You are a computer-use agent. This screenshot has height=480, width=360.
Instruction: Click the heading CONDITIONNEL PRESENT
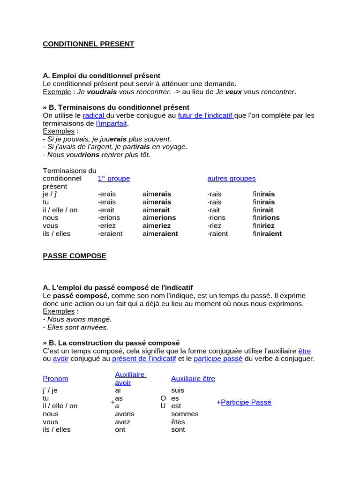pos(88,44)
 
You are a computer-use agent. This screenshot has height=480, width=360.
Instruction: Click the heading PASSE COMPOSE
pos(75,256)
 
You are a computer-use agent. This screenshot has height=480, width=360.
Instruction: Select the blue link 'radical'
pos(94,115)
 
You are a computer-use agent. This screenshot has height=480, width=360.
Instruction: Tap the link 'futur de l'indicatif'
pos(205,115)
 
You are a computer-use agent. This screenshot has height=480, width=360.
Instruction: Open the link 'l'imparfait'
pos(112,123)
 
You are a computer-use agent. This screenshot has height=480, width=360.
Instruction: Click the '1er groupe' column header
pos(114,179)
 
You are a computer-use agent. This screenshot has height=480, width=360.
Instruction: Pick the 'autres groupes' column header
pos(232,179)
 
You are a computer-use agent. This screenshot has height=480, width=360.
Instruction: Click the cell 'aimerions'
pos(159,217)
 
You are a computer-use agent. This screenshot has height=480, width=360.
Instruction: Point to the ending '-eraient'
pos(110,233)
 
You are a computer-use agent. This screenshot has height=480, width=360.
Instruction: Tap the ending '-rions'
pos(216,217)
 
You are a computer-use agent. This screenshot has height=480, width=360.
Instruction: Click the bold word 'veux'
pos(233,91)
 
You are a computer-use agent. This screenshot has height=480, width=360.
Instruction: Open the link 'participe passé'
pos(218,359)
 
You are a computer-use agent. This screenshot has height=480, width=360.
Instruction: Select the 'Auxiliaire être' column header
pos(193,379)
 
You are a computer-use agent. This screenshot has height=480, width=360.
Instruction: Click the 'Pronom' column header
pos(55,379)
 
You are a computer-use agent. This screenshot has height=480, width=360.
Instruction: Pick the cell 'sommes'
pos(185,414)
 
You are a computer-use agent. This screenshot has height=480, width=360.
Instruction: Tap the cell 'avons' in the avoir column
pos(125,414)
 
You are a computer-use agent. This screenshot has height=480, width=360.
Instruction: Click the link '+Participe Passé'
pos(246,402)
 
